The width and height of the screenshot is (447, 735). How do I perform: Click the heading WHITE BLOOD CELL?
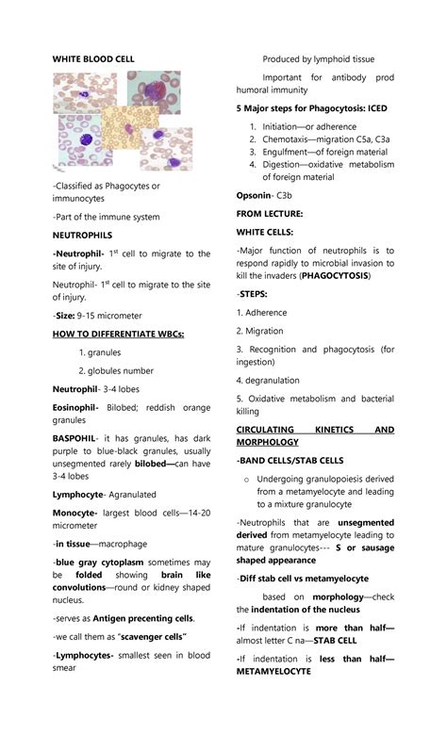(x=93, y=58)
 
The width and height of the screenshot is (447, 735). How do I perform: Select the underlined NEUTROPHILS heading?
(x=82, y=235)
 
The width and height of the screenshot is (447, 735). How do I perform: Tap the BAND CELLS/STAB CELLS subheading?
(x=290, y=461)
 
